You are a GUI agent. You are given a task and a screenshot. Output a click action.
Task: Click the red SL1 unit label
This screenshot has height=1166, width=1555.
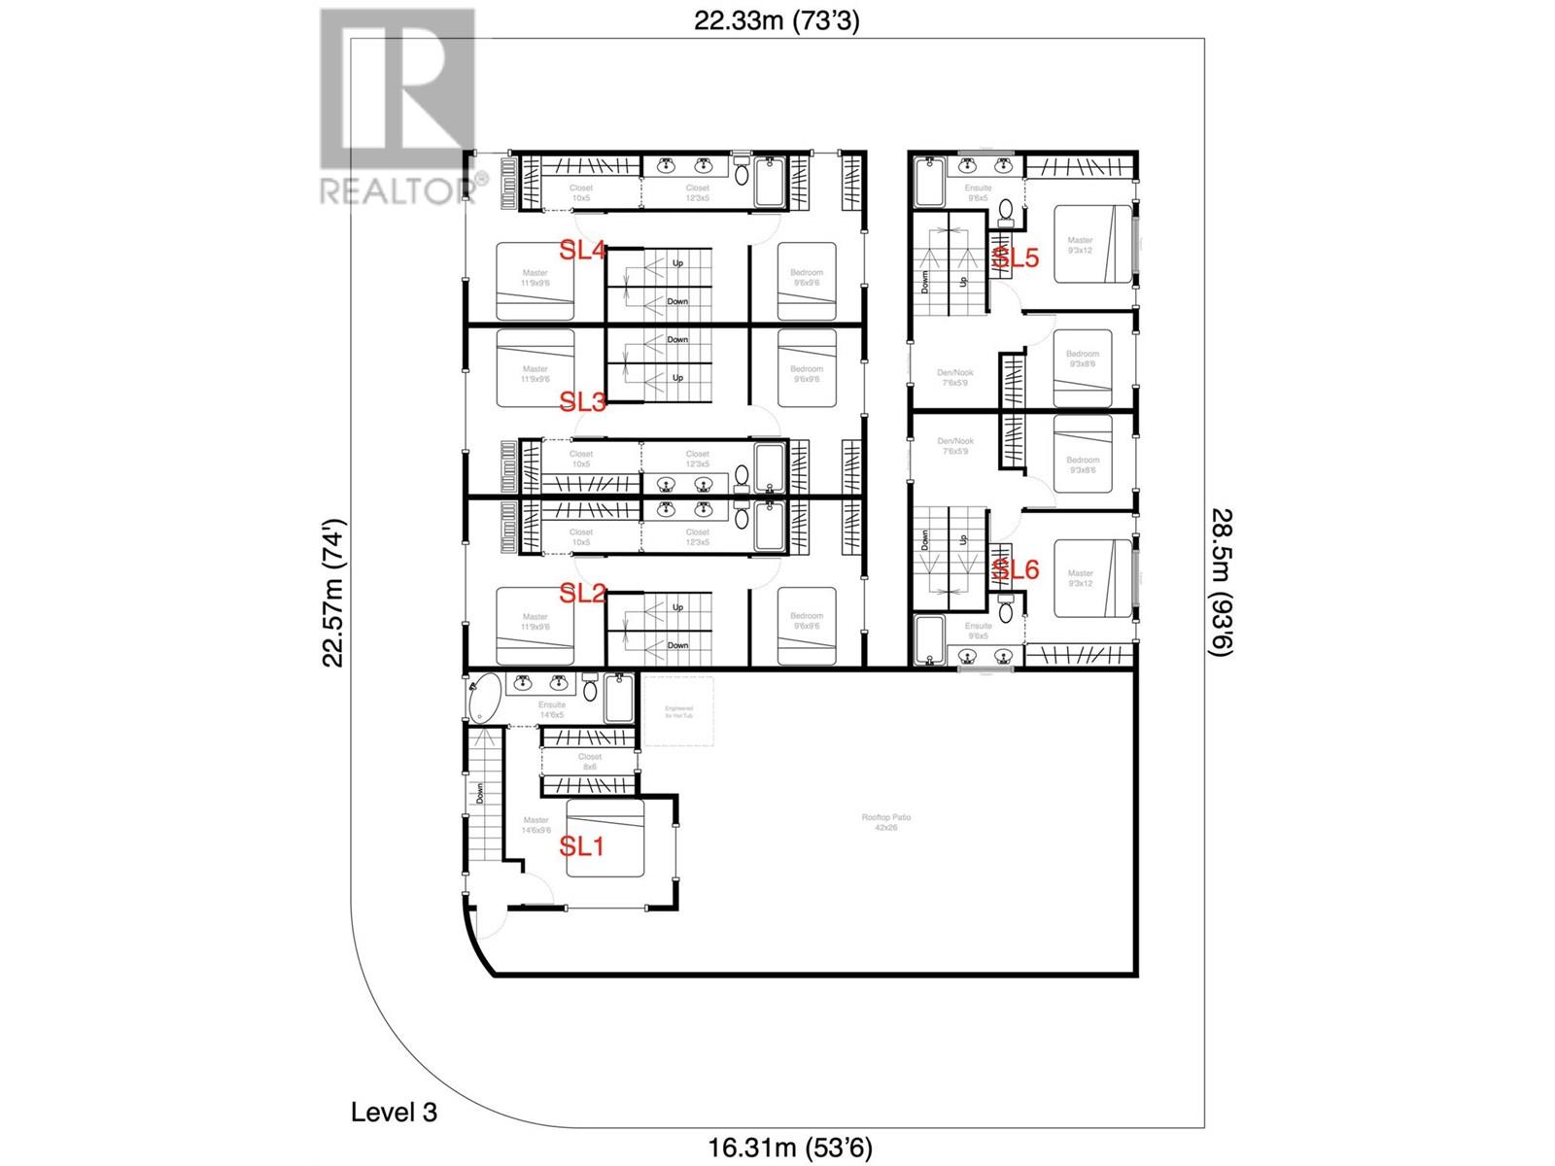tap(582, 846)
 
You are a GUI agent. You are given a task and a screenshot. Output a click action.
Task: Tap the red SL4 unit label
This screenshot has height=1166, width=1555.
tap(583, 251)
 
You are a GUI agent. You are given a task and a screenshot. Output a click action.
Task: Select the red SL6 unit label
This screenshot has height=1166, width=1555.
tap(1016, 570)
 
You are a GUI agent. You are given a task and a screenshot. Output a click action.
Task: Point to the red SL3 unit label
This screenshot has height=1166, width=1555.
tap(583, 401)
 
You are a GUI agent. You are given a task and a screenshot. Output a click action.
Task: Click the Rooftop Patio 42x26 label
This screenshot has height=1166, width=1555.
tap(885, 822)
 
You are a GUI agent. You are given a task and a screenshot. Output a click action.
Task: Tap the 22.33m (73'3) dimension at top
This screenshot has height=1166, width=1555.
tap(777, 21)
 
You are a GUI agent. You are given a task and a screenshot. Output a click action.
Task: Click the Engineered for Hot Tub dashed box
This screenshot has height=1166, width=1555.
tap(678, 711)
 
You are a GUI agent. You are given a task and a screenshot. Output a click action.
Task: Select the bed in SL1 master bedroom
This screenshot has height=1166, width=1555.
tap(605, 839)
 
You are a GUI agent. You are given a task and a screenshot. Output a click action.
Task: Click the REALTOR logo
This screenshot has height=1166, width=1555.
tap(397, 107)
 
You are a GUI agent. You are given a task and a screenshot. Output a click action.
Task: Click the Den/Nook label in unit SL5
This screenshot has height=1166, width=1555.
tap(956, 377)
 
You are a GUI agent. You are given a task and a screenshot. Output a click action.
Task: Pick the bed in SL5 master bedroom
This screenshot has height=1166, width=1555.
tap(1093, 244)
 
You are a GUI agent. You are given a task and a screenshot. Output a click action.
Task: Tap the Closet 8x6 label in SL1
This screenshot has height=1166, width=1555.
tap(589, 761)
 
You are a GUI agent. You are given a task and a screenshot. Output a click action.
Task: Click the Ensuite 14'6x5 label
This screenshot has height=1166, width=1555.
tap(551, 709)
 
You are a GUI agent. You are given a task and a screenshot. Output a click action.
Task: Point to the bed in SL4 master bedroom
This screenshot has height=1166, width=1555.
tap(535, 281)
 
